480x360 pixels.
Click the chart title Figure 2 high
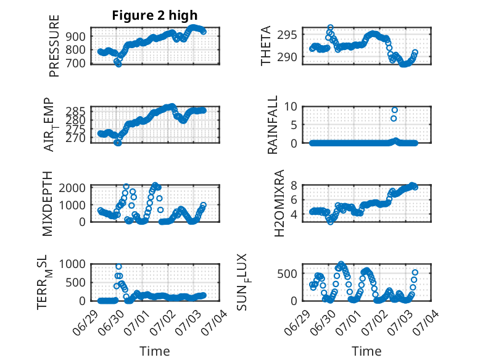tap(155, 15)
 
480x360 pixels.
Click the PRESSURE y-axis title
tap(54, 46)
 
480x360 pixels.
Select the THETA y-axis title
tap(266, 46)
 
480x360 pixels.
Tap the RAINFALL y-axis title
tap(272, 125)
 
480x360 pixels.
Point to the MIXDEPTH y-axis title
tap(48, 204)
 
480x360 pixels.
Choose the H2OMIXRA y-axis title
tap(279, 203)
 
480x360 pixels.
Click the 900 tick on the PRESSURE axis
tap(75, 36)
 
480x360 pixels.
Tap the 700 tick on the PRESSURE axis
tap(75, 64)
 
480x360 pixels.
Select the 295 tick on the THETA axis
tap(287, 35)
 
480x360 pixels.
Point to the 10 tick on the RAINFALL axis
tap(291, 107)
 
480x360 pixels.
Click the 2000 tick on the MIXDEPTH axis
tap(72, 188)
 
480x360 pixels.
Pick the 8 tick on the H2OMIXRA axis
tap(294, 185)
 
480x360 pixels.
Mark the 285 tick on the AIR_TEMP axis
tap(75, 111)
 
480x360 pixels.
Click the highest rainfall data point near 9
tap(395, 110)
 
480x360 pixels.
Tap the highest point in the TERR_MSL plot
tap(119, 267)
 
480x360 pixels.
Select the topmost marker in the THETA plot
tap(330, 28)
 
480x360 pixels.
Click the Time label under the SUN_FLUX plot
tap(366, 351)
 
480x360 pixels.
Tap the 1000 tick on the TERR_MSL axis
tap(72, 264)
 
